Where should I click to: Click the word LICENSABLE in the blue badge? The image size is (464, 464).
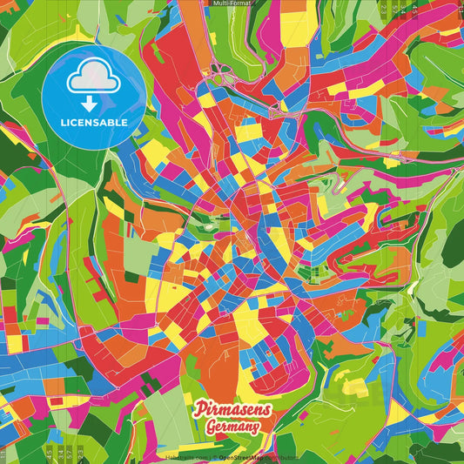(x=93, y=122)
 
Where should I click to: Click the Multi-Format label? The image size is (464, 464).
(x=231, y=3)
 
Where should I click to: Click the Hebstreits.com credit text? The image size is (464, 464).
(x=184, y=455)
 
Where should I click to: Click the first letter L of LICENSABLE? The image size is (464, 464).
(x=63, y=122)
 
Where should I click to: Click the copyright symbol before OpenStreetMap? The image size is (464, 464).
(x=214, y=455)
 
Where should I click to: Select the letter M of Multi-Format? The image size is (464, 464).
(x=215, y=3)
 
